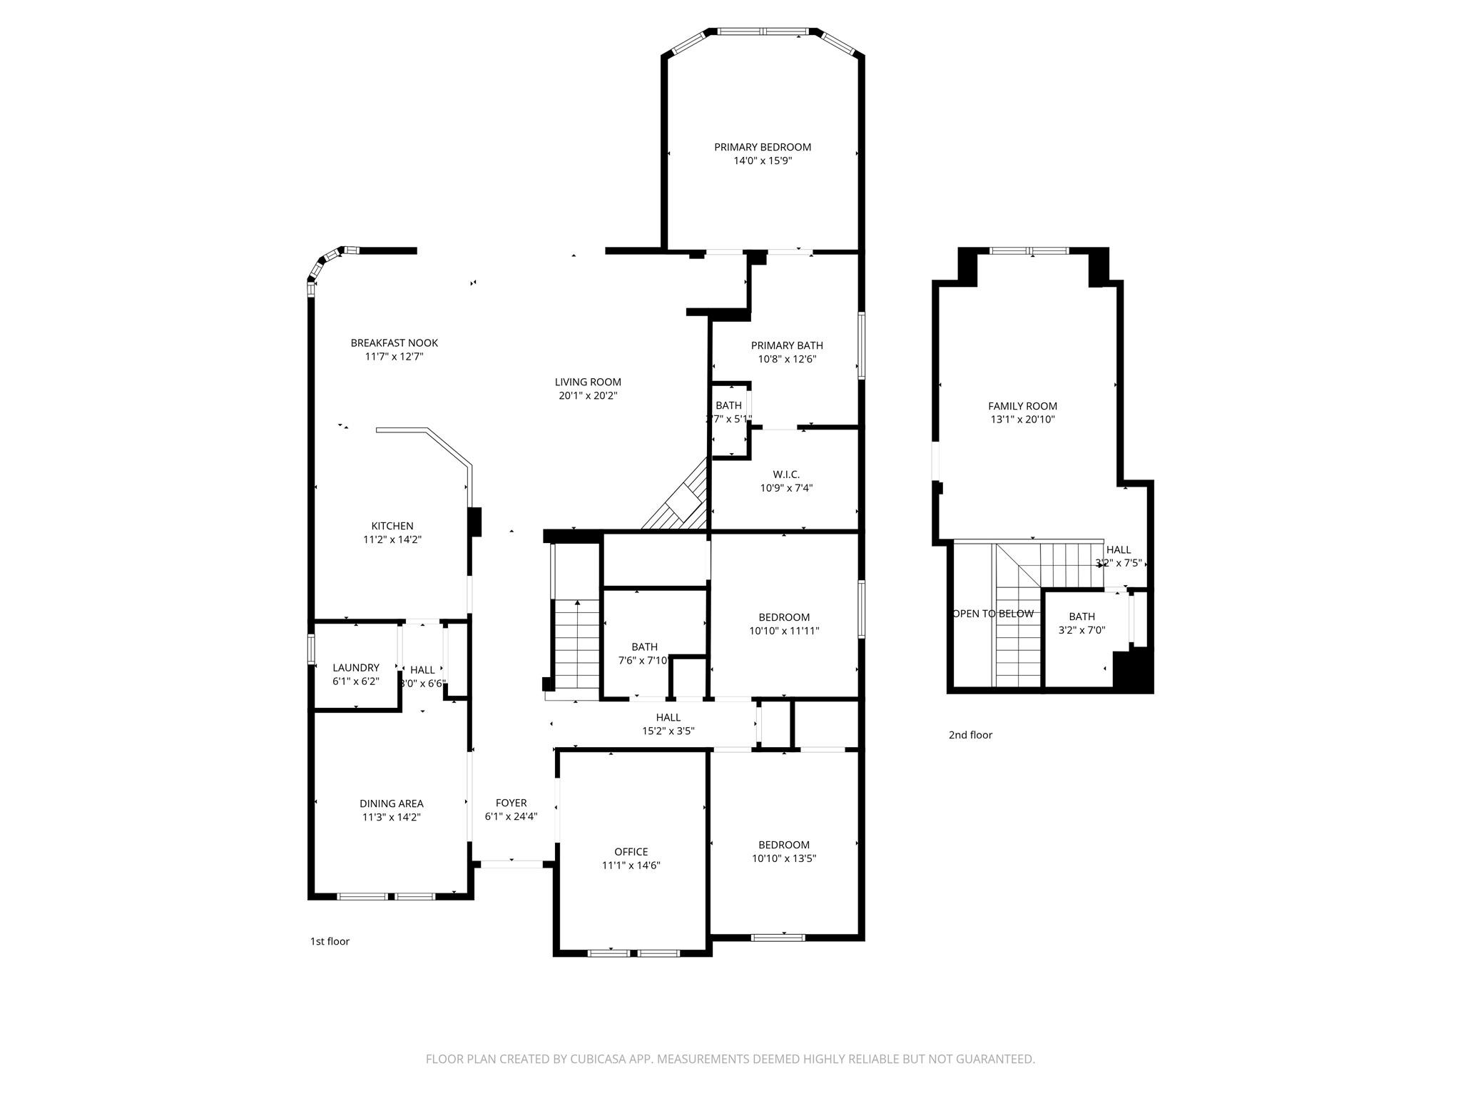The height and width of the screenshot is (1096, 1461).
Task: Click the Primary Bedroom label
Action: click(x=763, y=147)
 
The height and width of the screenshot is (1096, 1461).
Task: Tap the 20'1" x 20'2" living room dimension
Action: click(x=588, y=395)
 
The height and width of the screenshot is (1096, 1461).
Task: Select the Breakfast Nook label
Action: click(x=394, y=342)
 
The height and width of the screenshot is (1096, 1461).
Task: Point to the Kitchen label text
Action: click(x=392, y=526)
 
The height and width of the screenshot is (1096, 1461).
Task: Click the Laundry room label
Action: click(x=355, y=668)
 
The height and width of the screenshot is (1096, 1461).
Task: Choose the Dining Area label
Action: click(x=391, y=803)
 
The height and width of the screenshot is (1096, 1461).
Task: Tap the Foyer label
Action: click(x=511, y=803)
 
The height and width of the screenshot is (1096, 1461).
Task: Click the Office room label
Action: click(x=631, y=851)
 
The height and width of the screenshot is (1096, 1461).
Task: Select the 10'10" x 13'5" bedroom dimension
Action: click(x=783, y=858)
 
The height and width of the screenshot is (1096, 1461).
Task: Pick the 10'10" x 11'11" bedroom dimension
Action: click(x=783, y=631)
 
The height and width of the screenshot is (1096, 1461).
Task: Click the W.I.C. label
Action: click(x=786, y=475)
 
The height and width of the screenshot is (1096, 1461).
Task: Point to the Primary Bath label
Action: click(x=787, y=345)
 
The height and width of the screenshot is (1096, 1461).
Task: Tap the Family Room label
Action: click(x=1022, y=406)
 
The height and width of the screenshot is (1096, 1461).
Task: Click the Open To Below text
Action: click(x=993, y=614)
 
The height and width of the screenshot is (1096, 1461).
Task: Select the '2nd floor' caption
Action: click(x=970, y=735)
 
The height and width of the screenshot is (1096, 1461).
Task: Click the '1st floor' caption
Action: click(x=330, y=941)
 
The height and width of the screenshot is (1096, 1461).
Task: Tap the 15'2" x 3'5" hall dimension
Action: click(x=668, y=731)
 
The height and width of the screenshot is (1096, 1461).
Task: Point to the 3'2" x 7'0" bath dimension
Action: click(x=1081, y=630)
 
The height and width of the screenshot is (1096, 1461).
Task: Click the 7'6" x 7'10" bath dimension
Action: click(x=643, y=661)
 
